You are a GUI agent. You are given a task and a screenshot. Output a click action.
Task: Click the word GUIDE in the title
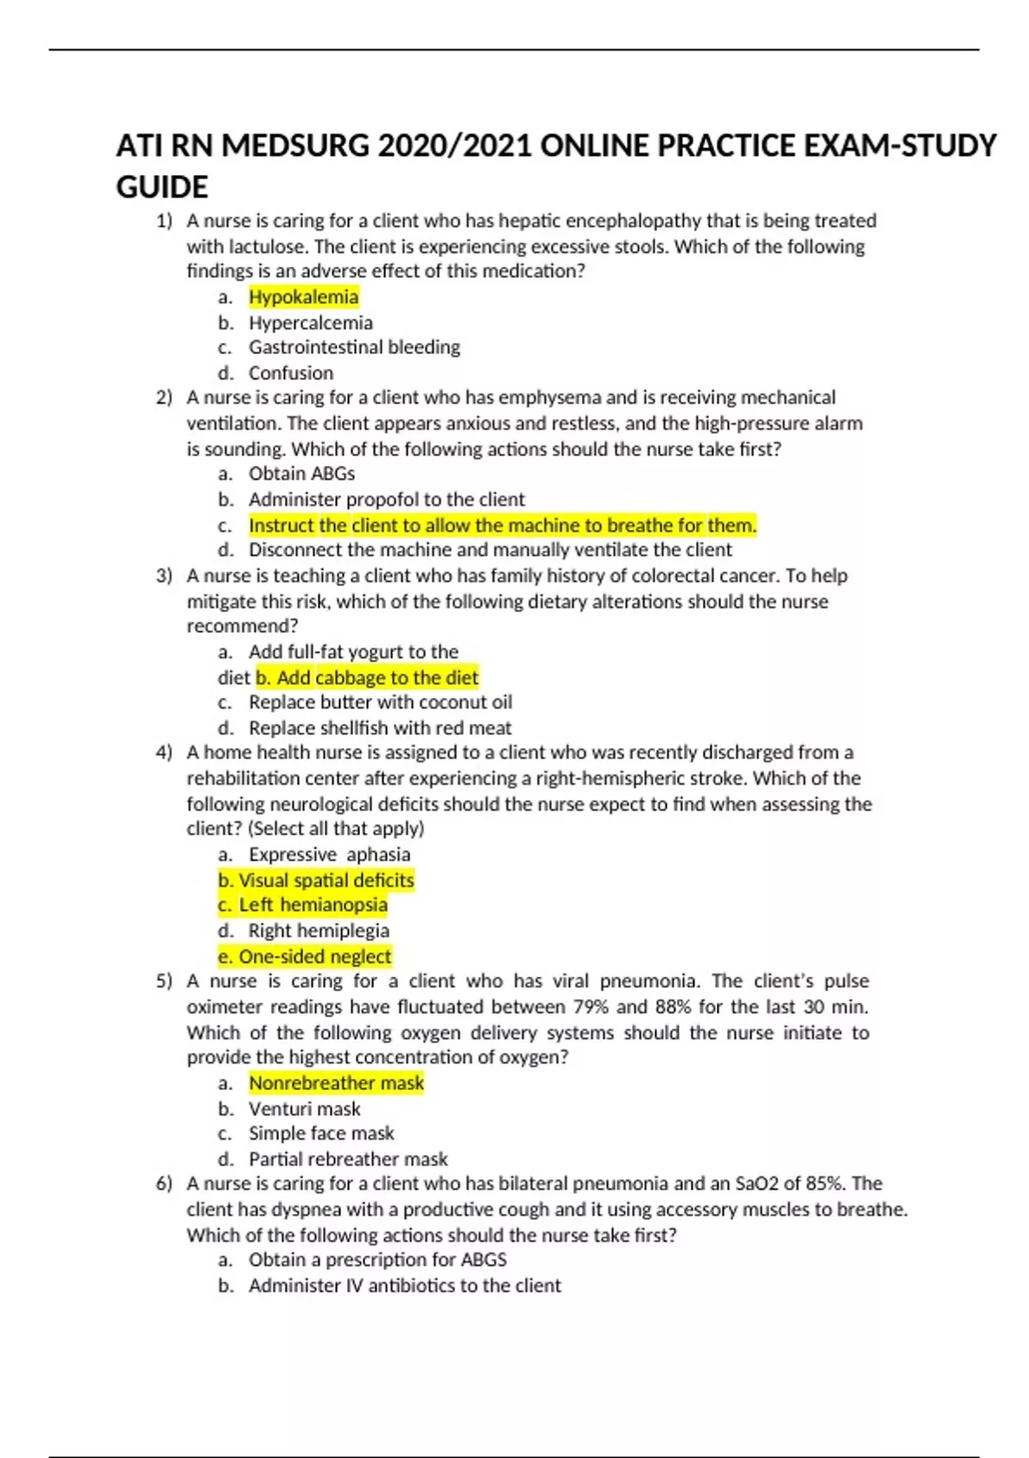click(162, 187)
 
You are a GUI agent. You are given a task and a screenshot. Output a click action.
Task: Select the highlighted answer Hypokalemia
click(304, 297)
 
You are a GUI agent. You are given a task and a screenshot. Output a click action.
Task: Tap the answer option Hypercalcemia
click(310, 322)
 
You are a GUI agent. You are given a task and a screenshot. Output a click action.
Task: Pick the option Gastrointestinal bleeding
click(354, 347)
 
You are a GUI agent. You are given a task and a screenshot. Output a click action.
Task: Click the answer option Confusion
click(291, 373)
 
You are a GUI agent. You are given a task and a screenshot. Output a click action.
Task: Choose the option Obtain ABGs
click(301, 473)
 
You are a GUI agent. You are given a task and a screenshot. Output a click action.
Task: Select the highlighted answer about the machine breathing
click(502, 525)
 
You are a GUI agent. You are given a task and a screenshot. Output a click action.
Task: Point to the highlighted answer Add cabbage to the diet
click(367, 678)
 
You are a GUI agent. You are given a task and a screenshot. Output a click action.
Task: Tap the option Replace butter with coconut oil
click(380, 702)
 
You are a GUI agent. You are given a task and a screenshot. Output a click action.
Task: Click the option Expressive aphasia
click(329, 854)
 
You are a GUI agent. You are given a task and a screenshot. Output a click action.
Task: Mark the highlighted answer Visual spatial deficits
click(316, 880)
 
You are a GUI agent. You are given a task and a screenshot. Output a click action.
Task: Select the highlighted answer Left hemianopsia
click(304, 905)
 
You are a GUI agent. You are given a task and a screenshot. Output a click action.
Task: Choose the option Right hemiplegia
click(318, 931)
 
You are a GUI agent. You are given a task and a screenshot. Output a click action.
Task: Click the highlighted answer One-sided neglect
click(305, 956)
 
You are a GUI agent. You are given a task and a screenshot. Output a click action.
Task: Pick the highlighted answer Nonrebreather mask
click(336, 1083)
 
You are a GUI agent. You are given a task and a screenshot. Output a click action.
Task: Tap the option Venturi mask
click(304, 1109)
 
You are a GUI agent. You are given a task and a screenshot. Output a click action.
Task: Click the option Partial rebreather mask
click(348, 1160)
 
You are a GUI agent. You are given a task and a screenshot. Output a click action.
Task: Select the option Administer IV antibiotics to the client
click(405, 1286)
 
